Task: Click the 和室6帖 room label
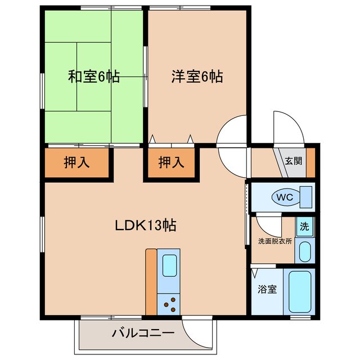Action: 94,77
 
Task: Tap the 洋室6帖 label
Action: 197,77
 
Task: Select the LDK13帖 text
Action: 146,226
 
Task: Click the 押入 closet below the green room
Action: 76,163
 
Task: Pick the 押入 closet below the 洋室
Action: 171,163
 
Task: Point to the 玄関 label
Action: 292,161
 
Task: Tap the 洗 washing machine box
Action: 304,228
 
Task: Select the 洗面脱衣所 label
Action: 274,241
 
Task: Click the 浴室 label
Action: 267,290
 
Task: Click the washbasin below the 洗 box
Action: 304,251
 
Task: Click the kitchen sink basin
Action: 169,264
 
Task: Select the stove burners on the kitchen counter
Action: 169,304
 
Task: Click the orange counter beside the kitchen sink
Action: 151,281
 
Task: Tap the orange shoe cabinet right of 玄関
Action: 310,161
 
